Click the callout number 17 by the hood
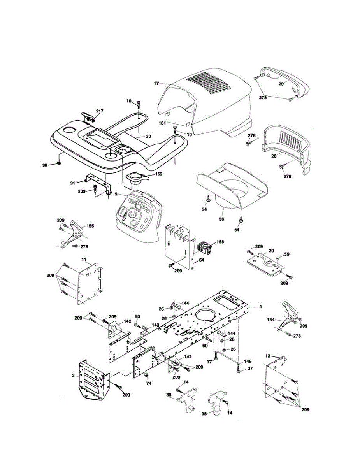[x=156, y=83]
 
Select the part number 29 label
[x=281, y=83]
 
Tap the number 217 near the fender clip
[x=99, y=111]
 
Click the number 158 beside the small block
[x=220, y=242]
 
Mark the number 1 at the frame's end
[x=261, y=306]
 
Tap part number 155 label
[x=90, y=226]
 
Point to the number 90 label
[x=45, y=165]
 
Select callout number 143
[x=155, y=325]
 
